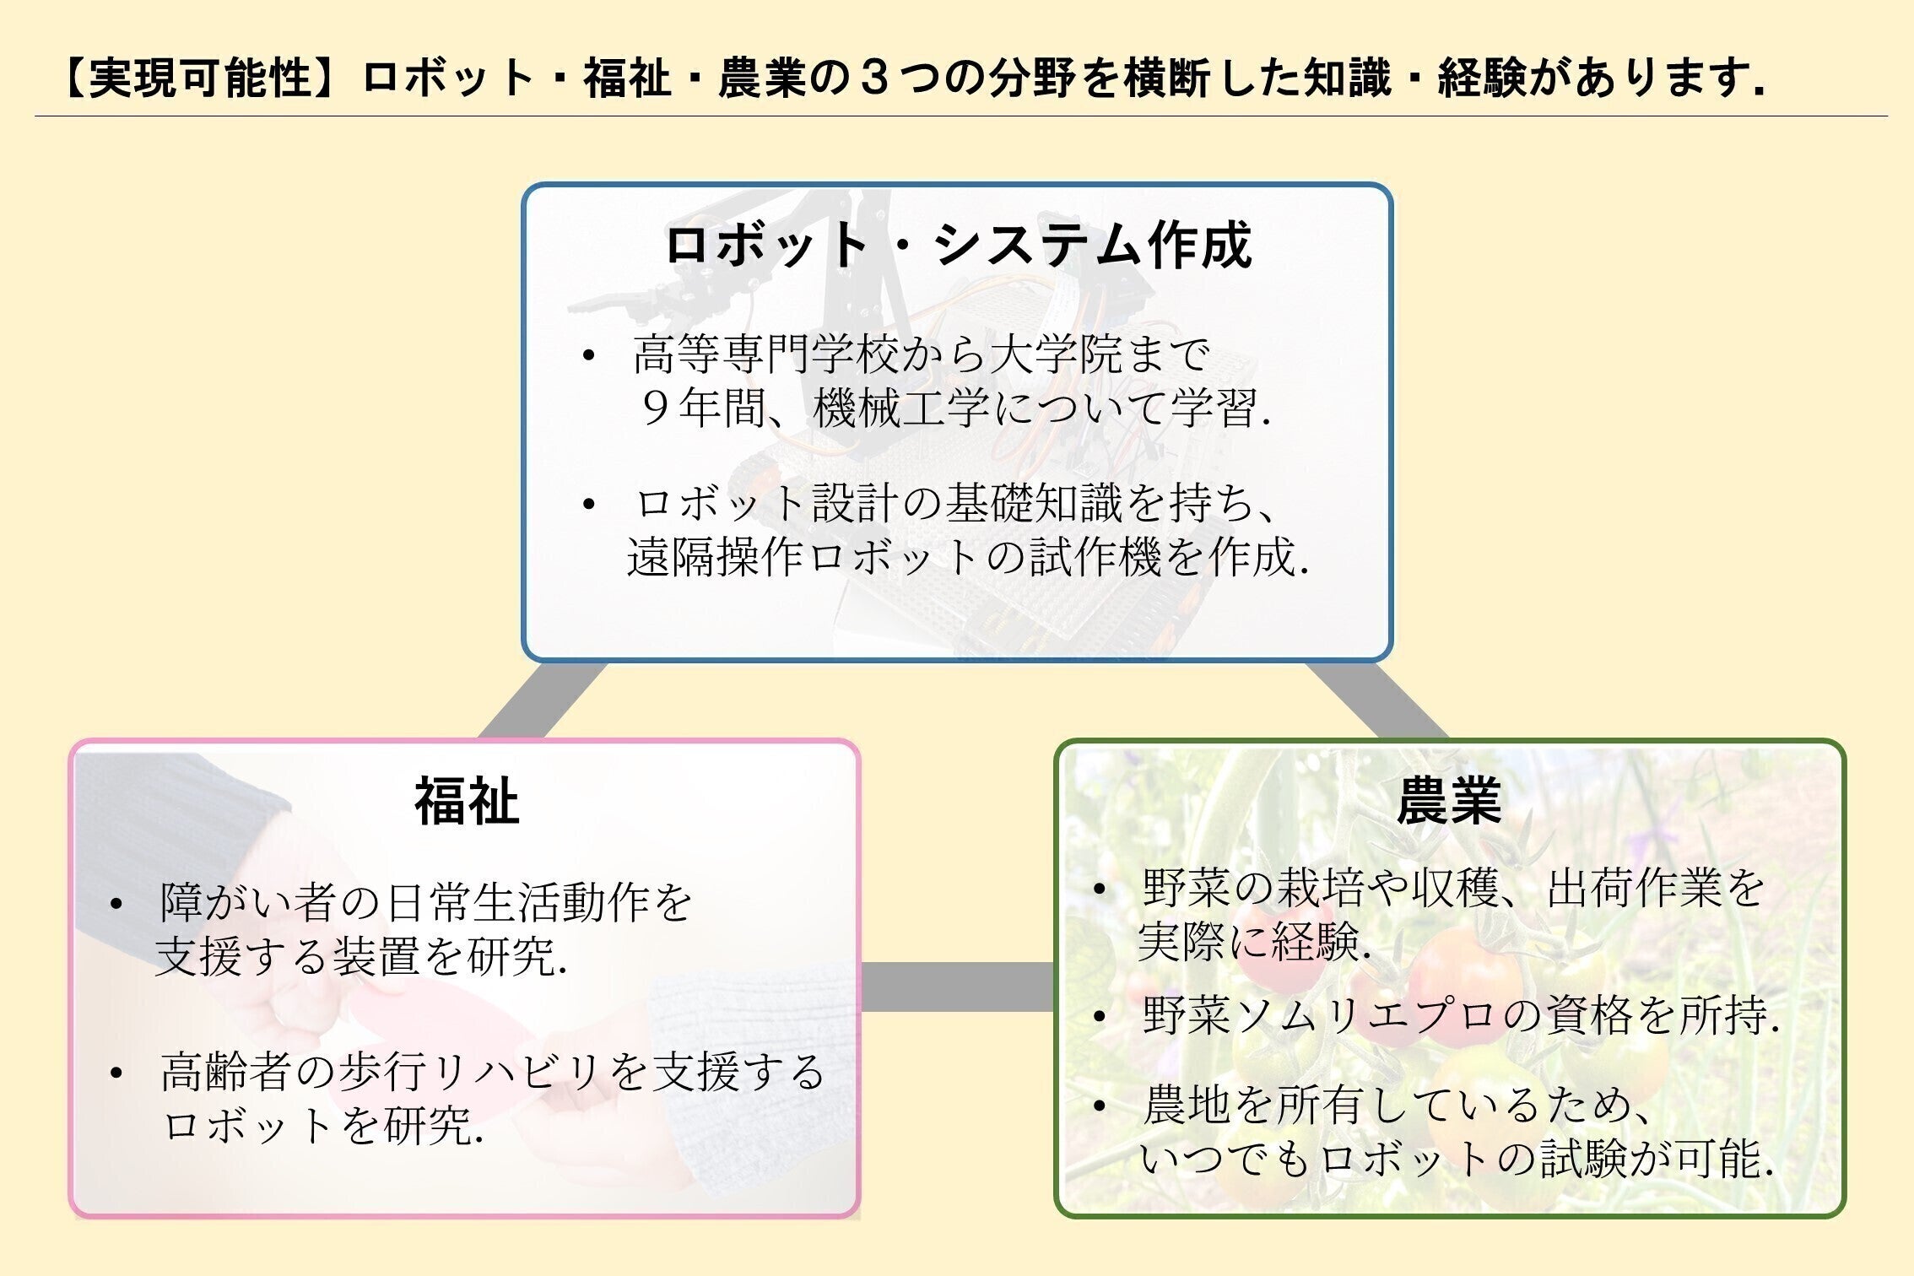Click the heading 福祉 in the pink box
click(467, 803)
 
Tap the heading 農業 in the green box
click(1449, 803)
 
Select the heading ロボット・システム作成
click(957, 246)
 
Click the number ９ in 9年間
click(655, 409)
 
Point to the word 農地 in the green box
click(1187, 1106)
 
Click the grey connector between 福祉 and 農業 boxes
click(957, 987)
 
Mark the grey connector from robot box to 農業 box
click(1376, 700)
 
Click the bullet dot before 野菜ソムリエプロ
click(1098, 1017)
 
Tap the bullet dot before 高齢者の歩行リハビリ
click(116, 1073)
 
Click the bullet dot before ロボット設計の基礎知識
click(588, 505)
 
